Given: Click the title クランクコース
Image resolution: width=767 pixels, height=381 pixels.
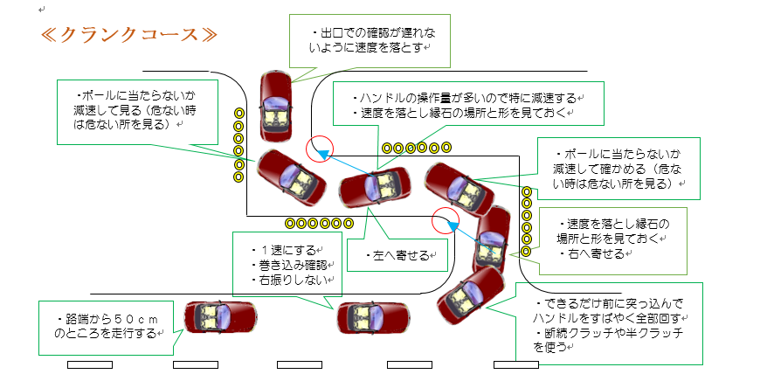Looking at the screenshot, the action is pyautogui.click(x=128, y=35).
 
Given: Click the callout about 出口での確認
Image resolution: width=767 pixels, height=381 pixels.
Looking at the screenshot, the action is pyautogui.click(x=370, y=41).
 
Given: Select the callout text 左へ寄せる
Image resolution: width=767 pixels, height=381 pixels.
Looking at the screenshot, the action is pyautogui.click(x=397, y=255).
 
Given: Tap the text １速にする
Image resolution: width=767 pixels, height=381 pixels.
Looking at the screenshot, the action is pyautogui.click(x=284, y=252).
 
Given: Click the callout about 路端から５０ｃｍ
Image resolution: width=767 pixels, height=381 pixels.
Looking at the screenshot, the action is pyautogui.click(x=107, y=328).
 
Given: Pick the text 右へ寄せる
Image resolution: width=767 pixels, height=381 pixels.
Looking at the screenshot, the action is pyautogui.click(x=593, y=253).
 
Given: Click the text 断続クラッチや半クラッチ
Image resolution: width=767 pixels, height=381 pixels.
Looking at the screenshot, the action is pyautogui.click(x=609, y=333).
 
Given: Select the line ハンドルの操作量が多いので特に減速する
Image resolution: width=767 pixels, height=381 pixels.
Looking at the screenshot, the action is pyautogui.click(x=466, y=98).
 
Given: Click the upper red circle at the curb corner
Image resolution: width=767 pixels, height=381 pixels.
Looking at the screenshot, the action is pyautogui.click(x=320, y=149).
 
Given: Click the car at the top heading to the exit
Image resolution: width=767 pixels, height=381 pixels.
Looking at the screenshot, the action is pyautogui.click(x=275, y=106).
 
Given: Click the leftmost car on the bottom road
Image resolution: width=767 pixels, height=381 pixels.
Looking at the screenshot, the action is pyautogui.click(x=220, y=317).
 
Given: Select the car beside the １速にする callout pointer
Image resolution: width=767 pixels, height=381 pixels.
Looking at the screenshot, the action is pyautogui.click(x=373, y=318).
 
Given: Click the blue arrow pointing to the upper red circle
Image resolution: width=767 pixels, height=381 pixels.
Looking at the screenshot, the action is pyautogui.click(x=348, y=163).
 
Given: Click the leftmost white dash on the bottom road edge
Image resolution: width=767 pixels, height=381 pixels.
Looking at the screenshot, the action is pyautogui.click(x=90, y=365).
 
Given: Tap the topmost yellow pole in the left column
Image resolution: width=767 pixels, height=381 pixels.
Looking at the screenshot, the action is pyautogui.click(x=239, y=113).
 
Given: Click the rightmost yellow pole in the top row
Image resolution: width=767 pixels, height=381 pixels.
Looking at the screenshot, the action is pyautogui.click(x=446, y=147).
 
